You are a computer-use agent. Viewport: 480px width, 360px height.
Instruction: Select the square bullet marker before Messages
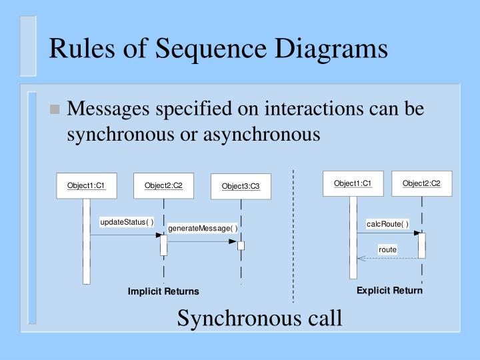55,110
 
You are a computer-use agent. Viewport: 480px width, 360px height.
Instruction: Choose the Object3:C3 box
241,186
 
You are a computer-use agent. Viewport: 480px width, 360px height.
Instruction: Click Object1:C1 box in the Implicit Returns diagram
86,185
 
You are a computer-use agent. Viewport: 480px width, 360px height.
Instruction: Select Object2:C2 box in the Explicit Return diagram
421,183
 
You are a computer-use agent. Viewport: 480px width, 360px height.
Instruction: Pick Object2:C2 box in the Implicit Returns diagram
163,185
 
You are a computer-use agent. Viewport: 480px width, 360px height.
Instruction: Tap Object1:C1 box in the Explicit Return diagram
353,183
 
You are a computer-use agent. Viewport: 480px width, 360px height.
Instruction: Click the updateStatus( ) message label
127,222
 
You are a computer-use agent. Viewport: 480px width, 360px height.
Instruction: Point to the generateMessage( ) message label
203,229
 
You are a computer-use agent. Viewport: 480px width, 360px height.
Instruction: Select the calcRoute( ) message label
387,223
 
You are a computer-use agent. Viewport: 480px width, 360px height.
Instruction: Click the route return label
387,249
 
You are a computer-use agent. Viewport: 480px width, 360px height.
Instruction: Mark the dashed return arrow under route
387,258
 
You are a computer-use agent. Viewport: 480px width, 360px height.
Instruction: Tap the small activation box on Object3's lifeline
241,245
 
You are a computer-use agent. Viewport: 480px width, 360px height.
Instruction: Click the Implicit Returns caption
163,291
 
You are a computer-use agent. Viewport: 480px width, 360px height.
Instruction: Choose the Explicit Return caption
389,291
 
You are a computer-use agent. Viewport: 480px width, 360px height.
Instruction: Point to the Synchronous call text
259,319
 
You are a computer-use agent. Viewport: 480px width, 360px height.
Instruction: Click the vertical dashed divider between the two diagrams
293,233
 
